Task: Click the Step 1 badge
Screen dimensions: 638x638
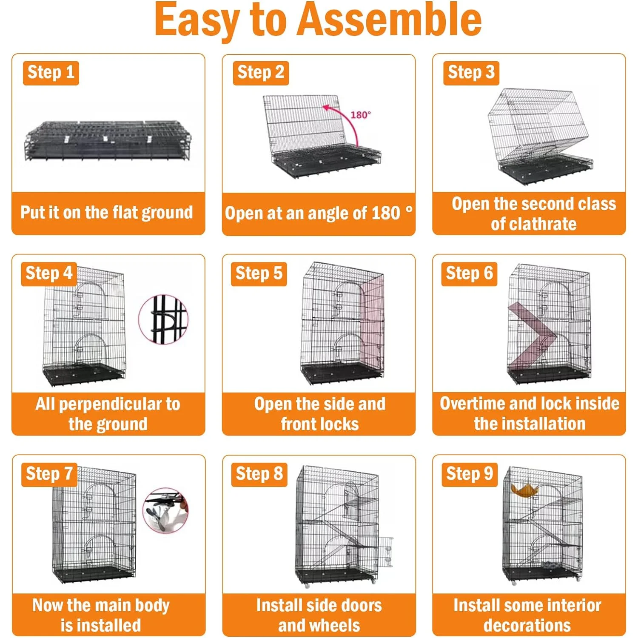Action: click(x=51, y=73)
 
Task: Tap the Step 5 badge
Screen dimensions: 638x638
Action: click(x=259, y=273)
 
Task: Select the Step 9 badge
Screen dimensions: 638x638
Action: click(x=470, y=474)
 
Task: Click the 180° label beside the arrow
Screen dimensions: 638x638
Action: click(x=361, y=114)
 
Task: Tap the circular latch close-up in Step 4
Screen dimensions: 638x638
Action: click(x=163, y=319)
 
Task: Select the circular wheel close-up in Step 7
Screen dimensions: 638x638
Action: click(x=165, y=511)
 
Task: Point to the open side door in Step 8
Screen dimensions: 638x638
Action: click(x=386, y=552)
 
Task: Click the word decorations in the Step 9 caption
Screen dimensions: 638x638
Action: click(x=527, y=626)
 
